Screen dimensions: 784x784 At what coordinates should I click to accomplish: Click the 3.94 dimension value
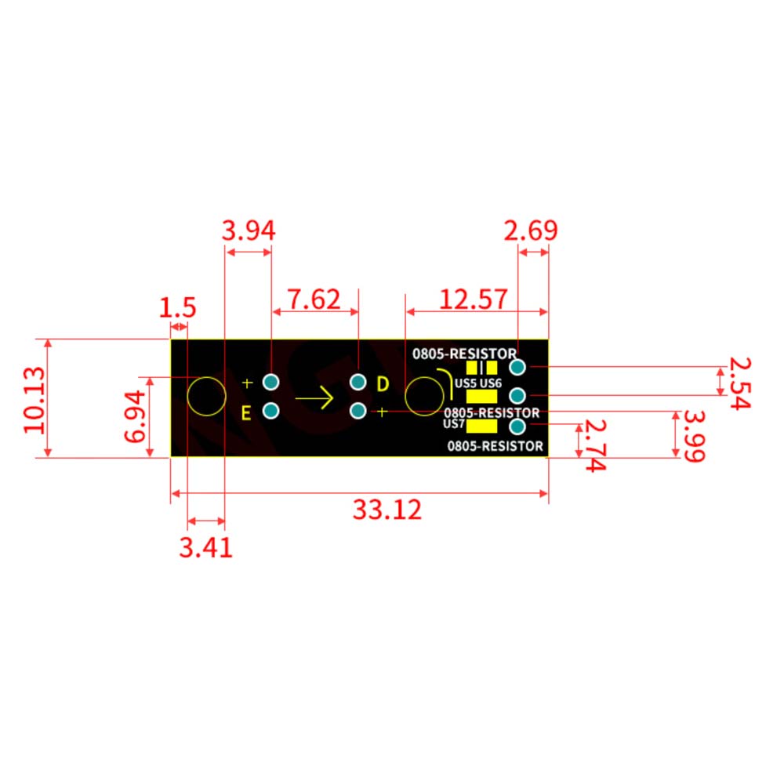click(x=249, y=231)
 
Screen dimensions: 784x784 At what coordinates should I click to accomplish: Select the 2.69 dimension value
click(x=531, y=230)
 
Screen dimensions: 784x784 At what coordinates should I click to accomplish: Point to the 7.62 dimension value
click(x=314, y=299)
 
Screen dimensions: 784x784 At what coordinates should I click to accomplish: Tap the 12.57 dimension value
click(x=474, y=299)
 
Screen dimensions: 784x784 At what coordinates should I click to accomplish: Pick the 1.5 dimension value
click(x=177, y=307)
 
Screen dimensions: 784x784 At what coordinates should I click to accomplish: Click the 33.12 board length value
click(x=387, y=510)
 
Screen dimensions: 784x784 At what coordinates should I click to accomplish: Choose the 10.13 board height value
click(x=35, y=400)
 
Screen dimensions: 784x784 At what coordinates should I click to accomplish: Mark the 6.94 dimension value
click(x=135, y=417)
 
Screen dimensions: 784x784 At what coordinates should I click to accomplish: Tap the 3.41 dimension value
click(x=206, y=547)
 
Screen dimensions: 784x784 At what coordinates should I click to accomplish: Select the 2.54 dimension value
click(x=740, y=383)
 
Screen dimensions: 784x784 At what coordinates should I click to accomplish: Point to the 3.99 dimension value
click(x=695, y=437)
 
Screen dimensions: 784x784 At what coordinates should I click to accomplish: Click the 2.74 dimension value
click(x=596, y=445)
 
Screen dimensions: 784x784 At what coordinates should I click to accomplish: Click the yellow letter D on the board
click(x=383, y=384)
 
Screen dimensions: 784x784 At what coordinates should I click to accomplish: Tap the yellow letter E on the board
click(x=246, y=413)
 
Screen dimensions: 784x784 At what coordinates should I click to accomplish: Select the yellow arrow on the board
click(x=314, y=398)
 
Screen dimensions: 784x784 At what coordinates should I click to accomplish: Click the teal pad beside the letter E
click(x=271, y=411)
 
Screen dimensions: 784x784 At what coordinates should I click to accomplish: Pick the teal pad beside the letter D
click(x=358, y=382)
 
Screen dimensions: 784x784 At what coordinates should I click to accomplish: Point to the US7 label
click(x=454, y=424)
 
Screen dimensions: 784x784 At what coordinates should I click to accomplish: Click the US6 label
click(x=491, y=383)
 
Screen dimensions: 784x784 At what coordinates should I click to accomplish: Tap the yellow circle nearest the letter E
click(x=206, y=397)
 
